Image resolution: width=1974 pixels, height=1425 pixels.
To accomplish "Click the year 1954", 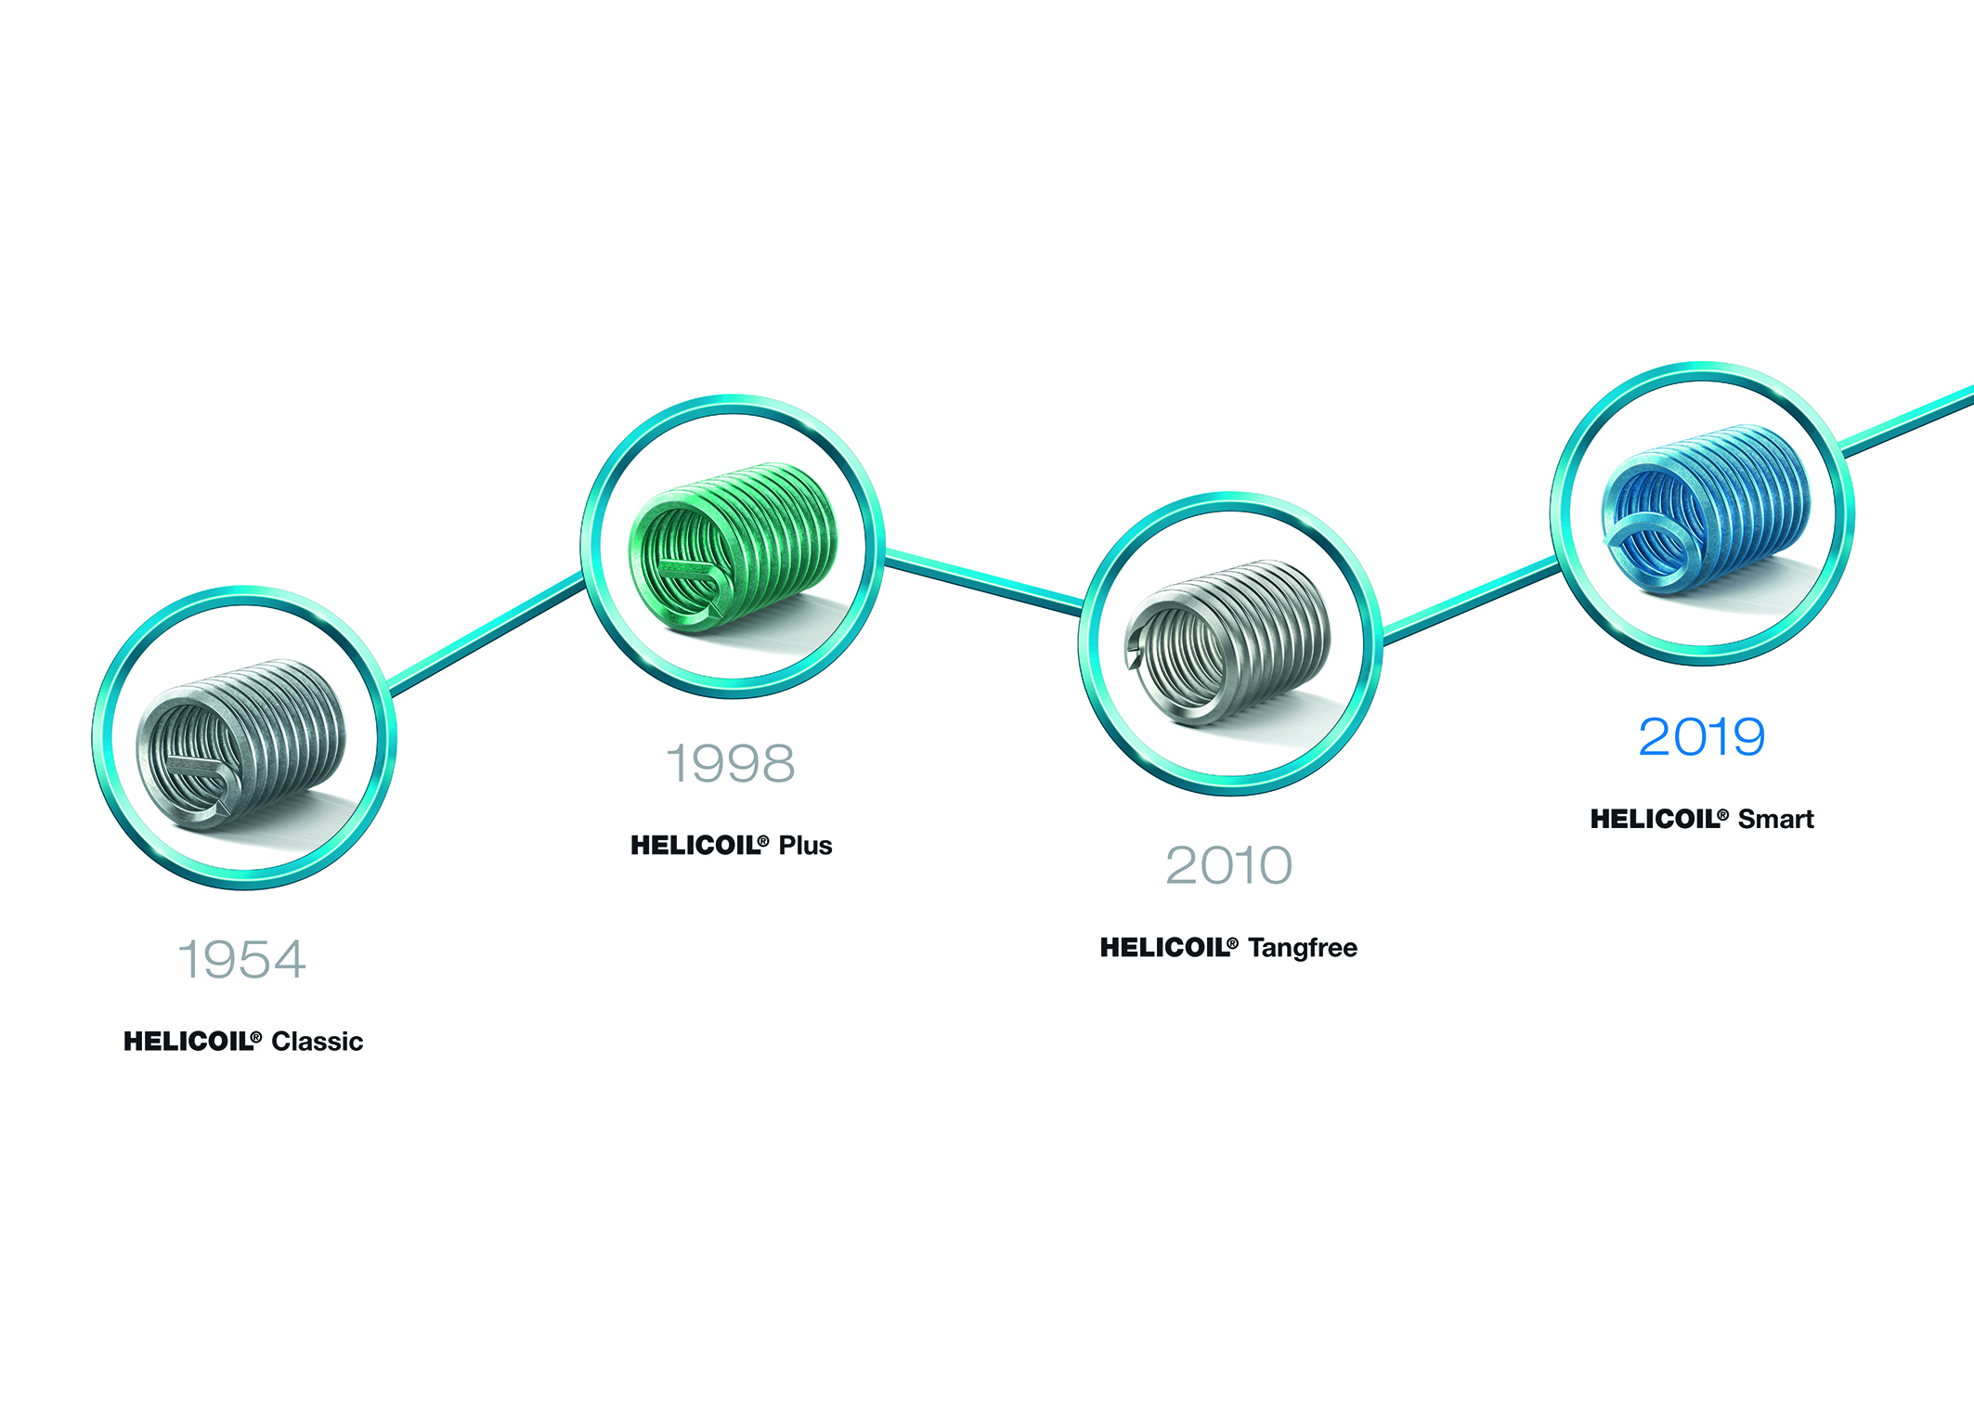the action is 241,959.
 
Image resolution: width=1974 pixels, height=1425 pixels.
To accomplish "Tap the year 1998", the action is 731,763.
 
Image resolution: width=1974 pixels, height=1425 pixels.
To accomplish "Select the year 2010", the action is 1228,865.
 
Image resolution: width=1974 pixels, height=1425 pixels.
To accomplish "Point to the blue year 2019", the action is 1701,737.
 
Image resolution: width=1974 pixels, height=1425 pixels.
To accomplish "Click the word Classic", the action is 317,1042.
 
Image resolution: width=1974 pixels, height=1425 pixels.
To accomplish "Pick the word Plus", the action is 805,846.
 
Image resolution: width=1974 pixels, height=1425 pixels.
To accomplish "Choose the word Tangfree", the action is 1303,948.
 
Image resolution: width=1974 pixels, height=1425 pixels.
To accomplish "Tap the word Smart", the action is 1775,819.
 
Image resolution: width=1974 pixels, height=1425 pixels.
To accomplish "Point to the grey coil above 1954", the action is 241,743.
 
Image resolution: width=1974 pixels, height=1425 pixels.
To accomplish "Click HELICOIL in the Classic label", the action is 192,1042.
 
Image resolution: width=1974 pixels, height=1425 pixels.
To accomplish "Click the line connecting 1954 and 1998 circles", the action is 487,634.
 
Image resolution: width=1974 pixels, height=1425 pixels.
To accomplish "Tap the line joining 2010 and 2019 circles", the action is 1471,600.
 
